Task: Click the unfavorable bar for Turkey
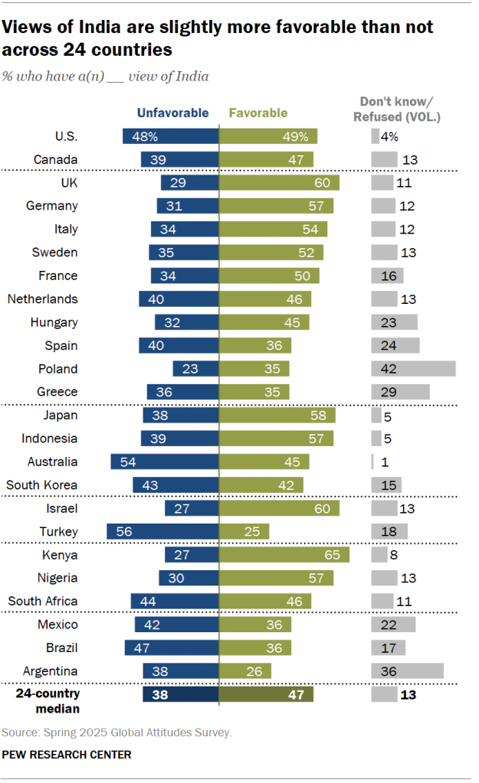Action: pos(162,531)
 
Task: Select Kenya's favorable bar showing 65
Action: pos(284,555)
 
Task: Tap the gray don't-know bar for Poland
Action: pos(413,368)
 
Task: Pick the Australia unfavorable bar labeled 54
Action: pos(165,462)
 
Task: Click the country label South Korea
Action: pos(41,484)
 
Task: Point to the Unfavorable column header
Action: pos(172,113)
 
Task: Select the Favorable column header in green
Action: pos(258,113)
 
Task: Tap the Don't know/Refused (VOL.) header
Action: pos(396,109)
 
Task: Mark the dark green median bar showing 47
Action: pos(266,694)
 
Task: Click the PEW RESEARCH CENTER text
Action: pos(67,755)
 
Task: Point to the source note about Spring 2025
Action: pos(116,732)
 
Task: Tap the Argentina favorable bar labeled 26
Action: pos(245,671)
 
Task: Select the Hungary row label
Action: pos(54,322)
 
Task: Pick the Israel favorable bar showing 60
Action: pos(279,508)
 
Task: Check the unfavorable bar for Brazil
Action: pos(172,648)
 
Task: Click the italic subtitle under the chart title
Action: pos(106,77)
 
